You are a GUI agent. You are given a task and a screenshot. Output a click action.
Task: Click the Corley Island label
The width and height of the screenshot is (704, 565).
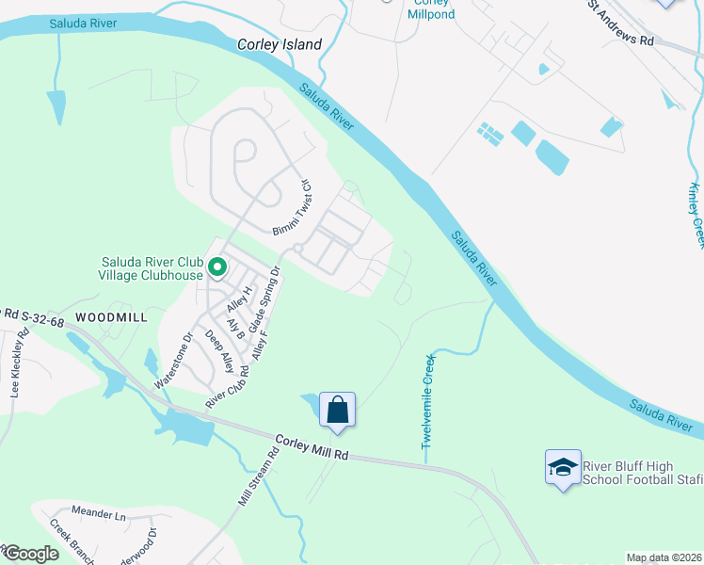coord(280,44)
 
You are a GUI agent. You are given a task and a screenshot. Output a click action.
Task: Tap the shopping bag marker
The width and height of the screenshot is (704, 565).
coord(338,411)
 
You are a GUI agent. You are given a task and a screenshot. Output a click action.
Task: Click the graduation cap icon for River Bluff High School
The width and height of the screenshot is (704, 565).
coord(562,466)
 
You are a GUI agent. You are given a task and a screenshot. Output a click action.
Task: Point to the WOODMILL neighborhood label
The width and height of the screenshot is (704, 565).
coord(112,317)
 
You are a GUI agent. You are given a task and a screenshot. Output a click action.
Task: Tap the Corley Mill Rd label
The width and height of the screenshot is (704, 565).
coord(312,447)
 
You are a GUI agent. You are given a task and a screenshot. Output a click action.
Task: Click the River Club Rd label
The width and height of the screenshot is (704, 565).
coord(227,387)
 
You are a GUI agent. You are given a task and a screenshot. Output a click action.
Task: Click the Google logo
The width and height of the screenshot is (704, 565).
coord(30,554)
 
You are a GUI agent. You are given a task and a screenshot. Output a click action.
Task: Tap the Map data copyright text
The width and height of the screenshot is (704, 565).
coord(664,557)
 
